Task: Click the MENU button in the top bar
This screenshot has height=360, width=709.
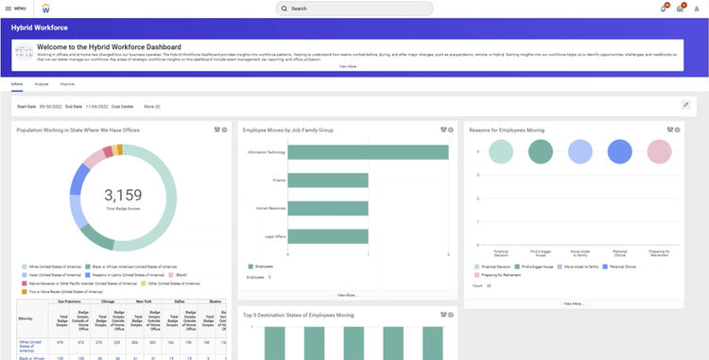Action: pyautogui.click(x=15, y=8)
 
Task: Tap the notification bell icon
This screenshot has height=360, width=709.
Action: pyautogui.click(x=663, y=8)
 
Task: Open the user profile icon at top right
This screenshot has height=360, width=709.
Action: pyautogui.click(x=697, y=8)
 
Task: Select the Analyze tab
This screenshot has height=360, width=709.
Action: pyautogui.click(x=42, y=84)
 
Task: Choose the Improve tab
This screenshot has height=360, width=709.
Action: pyautogui.click(x=67, y=84)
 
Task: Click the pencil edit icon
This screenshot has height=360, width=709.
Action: pyautogui.click(x=686, y=105)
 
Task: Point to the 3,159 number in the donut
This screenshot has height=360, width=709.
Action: pyautogui.click(x=122, y=195)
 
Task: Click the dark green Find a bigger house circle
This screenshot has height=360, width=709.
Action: pyautogui.click(x=541, y=151)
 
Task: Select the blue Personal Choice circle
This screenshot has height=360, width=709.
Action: pyautogui.click(x=620, y=151)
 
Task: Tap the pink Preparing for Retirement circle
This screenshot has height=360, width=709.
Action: pyautogui.click(x=660, y=151)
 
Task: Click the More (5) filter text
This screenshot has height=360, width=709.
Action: pyautogui.click(x=151, y=106)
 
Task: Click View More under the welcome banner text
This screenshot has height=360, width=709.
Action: pyautogui.click(x=348, y=66)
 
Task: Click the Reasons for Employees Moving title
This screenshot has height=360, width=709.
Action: pyautogui.click(x=507, y=129)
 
